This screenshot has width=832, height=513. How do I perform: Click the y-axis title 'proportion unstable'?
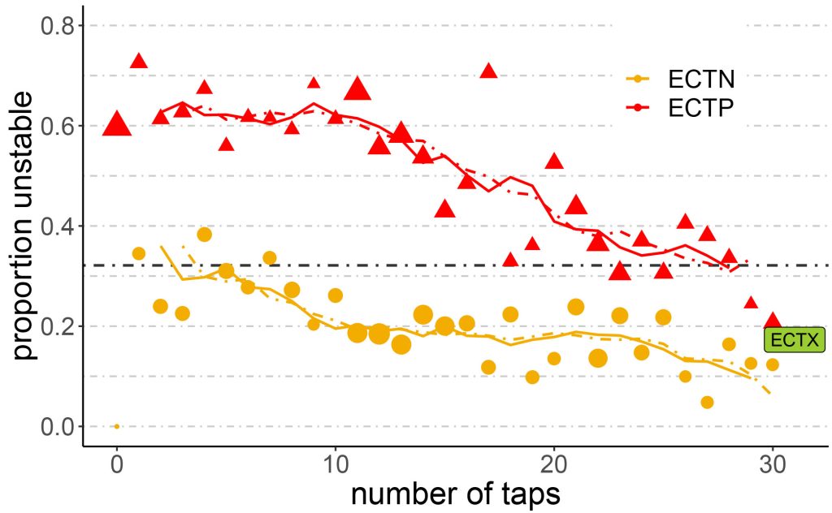[x=24, y=225]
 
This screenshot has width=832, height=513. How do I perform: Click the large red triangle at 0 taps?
[x=117, y=124]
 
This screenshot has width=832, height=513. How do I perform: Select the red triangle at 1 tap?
[x=139, y=61]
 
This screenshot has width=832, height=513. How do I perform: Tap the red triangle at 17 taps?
[x=488, y=71]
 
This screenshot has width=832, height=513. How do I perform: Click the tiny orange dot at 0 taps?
[x=117, y=426]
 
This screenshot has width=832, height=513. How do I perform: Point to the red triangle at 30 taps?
[x=772, y=321]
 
